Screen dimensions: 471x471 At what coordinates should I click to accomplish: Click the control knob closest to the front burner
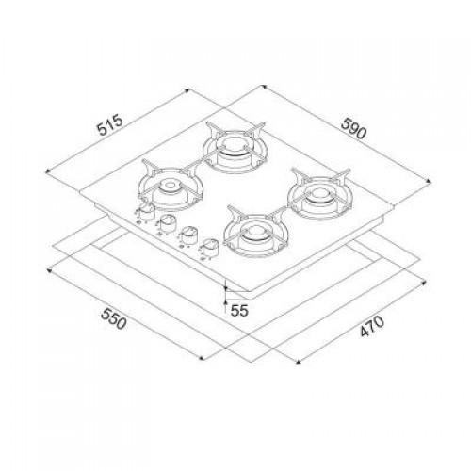coord(209,248)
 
